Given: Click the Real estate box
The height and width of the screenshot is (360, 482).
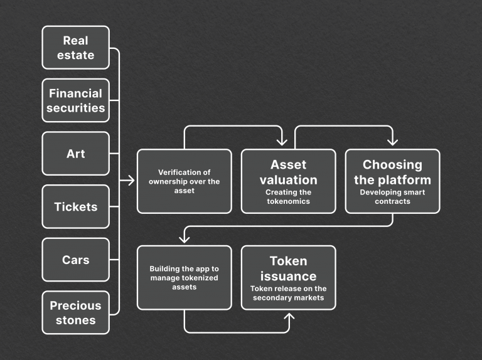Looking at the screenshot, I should [x=75, y=48].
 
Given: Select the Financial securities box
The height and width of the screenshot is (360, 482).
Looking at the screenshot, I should [x=75, y=100].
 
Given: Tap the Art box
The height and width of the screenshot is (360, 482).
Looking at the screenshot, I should [x=75, y=154].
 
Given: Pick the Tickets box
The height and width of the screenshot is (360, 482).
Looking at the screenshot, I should [x=75, y=207].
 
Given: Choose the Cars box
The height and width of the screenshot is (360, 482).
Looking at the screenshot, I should [x=75, y=260].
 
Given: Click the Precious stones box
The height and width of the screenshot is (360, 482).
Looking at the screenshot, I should [x=75, y=312].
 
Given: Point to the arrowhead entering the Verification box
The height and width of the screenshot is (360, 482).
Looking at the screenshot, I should [x=131, y=181].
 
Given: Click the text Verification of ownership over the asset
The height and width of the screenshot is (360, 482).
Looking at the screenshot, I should [x=184, y=181].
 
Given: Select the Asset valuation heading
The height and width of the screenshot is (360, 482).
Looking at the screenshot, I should [x=288, y=172].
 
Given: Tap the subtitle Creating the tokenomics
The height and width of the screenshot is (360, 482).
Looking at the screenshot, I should [x=288, y=197].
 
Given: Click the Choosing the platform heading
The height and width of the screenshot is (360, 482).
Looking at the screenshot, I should [x=392, y=172].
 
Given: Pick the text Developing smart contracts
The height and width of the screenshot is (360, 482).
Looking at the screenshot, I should [x=392, y=197].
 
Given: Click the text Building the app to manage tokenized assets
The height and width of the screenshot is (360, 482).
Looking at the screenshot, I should [x=184, y=278].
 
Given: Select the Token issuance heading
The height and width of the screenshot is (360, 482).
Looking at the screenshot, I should [x=288, y=268].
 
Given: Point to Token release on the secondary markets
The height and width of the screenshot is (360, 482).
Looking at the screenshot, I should [x=288, y=293].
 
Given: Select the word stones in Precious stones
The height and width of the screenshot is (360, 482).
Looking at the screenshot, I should [x=75, y=320].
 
